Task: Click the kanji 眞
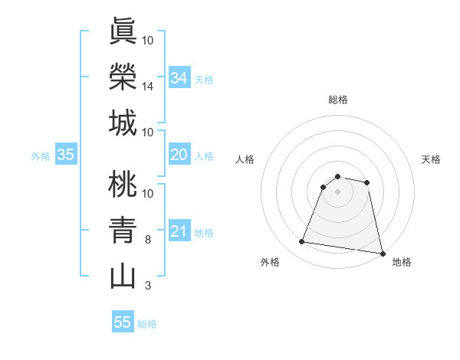coord(123,31)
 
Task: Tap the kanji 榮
coord(123,76)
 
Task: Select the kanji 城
coord(123,123)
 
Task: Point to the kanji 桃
coord(123,184)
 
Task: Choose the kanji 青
coord(123,230)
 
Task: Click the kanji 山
coord(123,276)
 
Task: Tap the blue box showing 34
coord(179,77)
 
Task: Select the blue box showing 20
coord(179,155)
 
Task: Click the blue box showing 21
coord(179,231)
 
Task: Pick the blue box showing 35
coord(65,155)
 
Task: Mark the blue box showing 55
coord(123,322)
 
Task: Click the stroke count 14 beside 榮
coord(149,87)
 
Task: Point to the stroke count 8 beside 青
coord(147,240)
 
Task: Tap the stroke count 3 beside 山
coord(147,286)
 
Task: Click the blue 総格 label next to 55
coord(147,324)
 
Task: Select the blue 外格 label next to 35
coord(41,156)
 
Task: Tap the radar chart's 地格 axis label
coord(402,262)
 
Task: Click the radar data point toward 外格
coord(301,242)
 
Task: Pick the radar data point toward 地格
coord(382,252)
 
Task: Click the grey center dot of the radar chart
coord(337,191)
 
